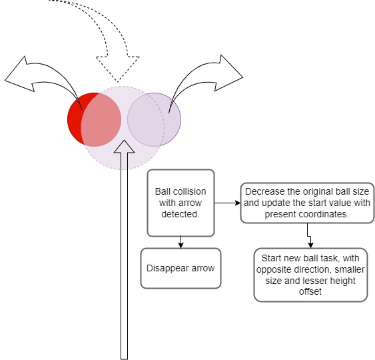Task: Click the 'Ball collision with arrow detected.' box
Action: (x=181, y=203)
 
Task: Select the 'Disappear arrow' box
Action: (x=181, y=268)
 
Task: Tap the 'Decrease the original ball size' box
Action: (x=307, y=203)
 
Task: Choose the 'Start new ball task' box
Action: (x=310, y=275)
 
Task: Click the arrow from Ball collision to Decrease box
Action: (x=227, y=203)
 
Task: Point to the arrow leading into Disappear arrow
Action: (x=181, y=242)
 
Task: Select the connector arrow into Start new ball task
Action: (x=309, y=236)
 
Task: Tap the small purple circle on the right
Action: (x=155, y=120)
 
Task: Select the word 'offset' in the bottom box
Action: (x=310, y=291)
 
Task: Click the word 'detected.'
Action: (x=181, y=214)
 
